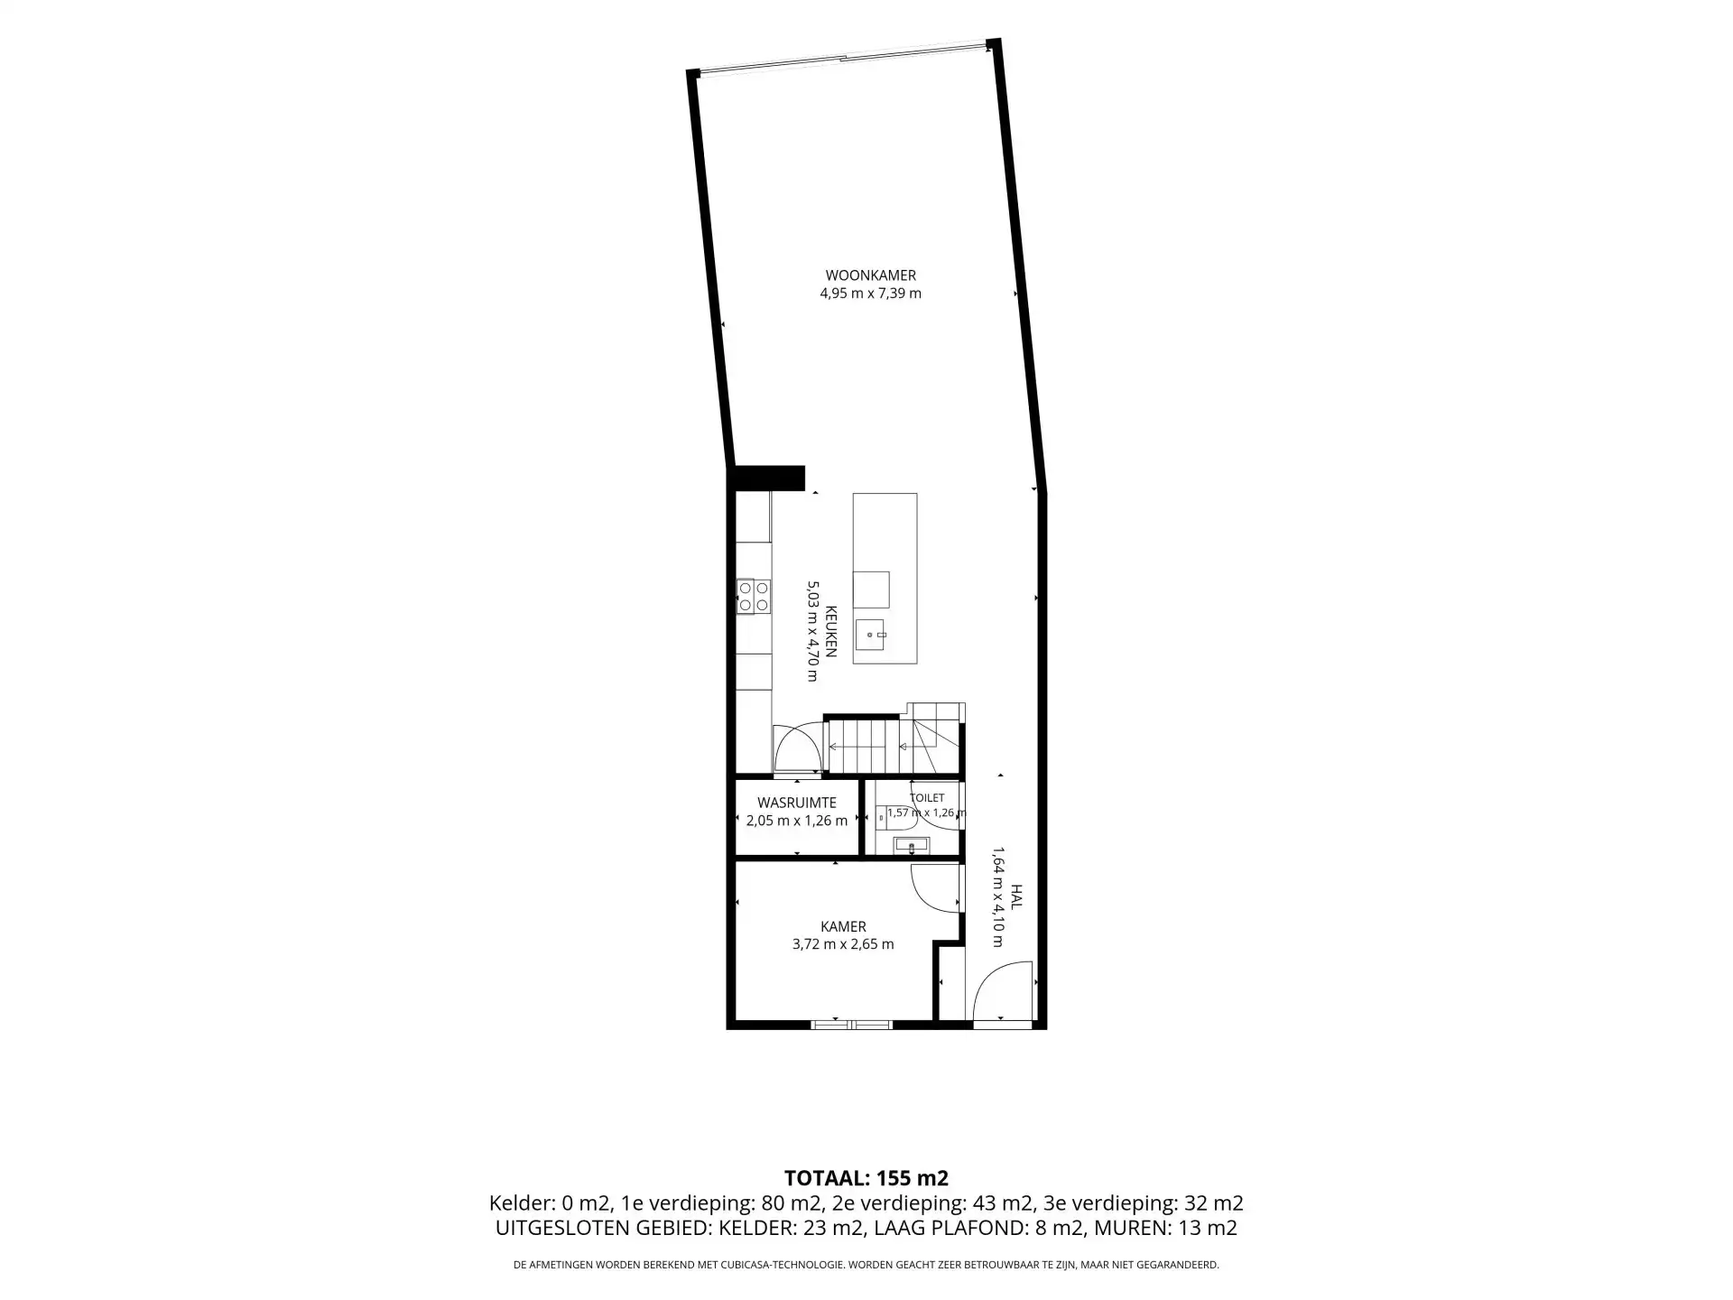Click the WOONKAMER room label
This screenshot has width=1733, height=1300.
[x=871, y=275]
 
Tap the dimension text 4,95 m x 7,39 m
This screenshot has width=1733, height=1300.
[x=871, y=293]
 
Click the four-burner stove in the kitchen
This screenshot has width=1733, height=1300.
[x=754, y=596]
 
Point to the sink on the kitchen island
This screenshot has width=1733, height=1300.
[x=872, y=635]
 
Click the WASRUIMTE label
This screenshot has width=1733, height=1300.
[x=797, y=803]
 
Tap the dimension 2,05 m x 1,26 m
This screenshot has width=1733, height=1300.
[x=797, y=821]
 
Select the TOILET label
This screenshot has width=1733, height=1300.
[x=927, y=798]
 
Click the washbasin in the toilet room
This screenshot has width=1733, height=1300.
[x=911, y=846]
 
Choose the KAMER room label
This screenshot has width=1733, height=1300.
[x=843, y=926]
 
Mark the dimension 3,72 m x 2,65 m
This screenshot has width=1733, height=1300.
[x=843, y=944]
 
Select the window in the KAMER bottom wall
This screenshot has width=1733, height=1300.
[x=852, y=1025]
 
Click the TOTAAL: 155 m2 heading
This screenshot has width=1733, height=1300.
[x=866, y=1178]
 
